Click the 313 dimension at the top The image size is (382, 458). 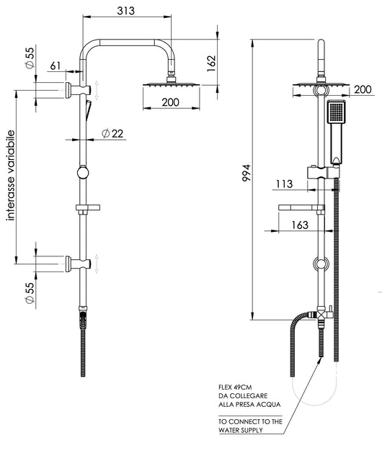click(x=125, y=11)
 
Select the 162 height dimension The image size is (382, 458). click(x=211, y=63)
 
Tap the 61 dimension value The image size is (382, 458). click(x=55, y=66)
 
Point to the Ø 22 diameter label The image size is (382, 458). click(x=112, y=133)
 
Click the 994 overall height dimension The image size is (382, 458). click(x=246, y=173)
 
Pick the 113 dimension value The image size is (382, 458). click(x=285, y=184)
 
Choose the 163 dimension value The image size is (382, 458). click(x=300, y=225)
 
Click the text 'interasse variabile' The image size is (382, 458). click(x=11, y=175)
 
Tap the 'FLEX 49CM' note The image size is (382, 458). click(x=235, y=387)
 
